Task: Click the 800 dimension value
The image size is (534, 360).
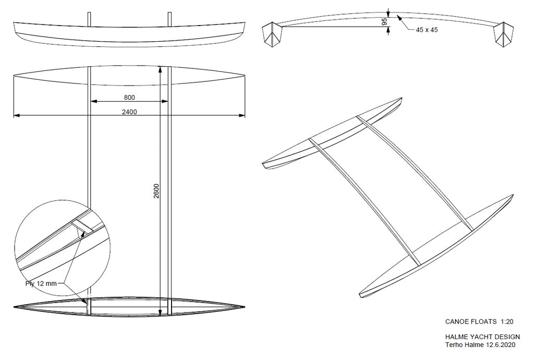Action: [x=129, y=98]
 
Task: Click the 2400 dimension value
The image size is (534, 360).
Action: [x=129, y=112]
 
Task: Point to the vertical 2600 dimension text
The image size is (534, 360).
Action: [x=156, y=191]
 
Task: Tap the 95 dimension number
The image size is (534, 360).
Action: [x=384, y=22]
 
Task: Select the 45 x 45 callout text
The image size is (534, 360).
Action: [x=427, y=30]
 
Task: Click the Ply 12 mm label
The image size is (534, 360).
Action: [x=41, y=283]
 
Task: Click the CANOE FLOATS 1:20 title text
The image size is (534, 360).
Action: [x=479, y=321]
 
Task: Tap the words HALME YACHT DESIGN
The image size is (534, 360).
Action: [x=482, y=337]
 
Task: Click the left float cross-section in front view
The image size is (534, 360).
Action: [x=272, y=34]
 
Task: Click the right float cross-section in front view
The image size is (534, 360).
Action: [x=503, y=34]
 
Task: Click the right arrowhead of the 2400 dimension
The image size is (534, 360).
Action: [x=242, y=115]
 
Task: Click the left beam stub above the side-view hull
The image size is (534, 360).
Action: [x=89, y=19]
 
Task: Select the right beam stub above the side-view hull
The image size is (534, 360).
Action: [x=169, y=19]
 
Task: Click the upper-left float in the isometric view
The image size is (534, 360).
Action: [x=332, y=133]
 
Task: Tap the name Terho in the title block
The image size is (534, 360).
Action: [x=454, y=345]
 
